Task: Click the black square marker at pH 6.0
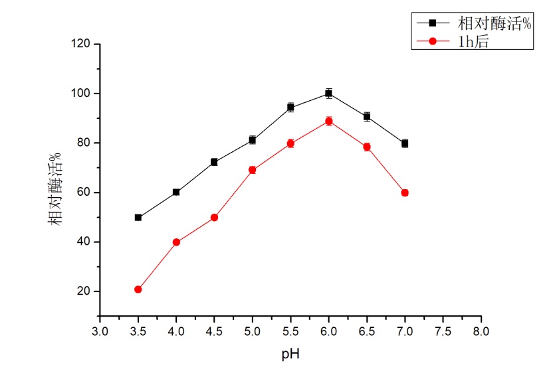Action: click(328, 94)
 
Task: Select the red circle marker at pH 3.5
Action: click(138, 289)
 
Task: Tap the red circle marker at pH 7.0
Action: click(405, 192)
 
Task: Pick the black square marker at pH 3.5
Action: click(138, 217)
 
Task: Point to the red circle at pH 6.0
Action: click(328, 121)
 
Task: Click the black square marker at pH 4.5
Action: click(214, 162)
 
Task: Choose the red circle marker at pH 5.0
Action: click(252, 170)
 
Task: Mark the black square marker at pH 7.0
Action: click(405, 143)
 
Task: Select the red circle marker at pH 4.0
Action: click(176, 242)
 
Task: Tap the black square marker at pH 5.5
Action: click(290, 107)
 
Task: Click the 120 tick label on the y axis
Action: click(82, 44)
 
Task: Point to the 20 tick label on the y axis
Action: click(85, 291)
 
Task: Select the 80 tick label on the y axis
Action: click(85, 143)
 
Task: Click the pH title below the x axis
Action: click(290, 353)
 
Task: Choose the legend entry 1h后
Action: click(474, 41)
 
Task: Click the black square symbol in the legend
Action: click(432, 23)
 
